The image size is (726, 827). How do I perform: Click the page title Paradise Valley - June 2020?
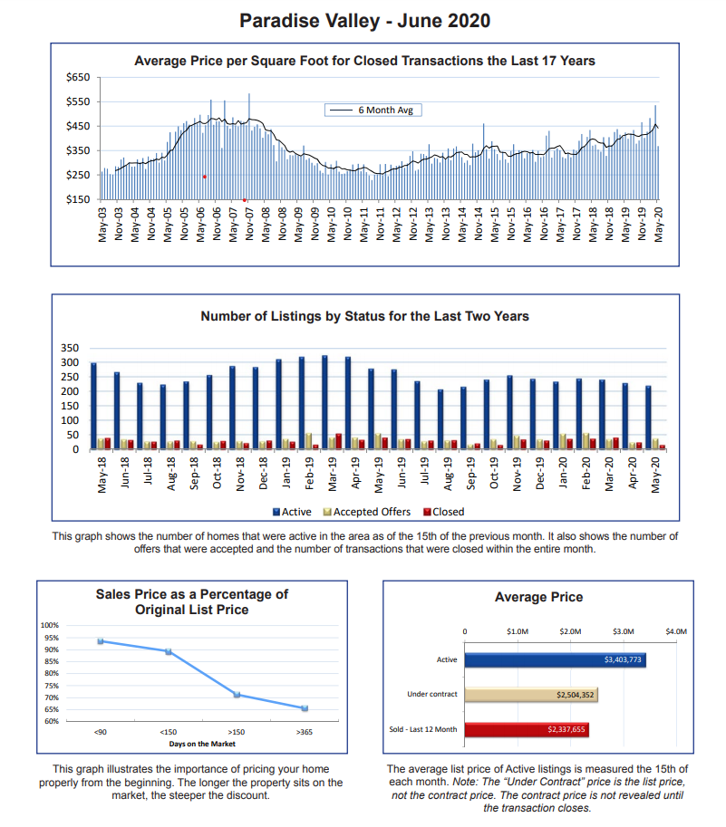(364, 21)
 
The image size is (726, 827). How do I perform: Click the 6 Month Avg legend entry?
(373, 110)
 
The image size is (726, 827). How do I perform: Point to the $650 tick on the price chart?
(78, 77)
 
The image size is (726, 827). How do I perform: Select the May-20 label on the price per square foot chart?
(658, 225)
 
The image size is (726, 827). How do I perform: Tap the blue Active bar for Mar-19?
(324, 402)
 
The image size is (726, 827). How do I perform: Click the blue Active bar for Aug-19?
(440, 419)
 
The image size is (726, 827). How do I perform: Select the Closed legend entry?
(444, 512)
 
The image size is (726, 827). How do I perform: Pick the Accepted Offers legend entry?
(367, 512)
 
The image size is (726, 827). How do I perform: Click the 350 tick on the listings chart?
(70, 348)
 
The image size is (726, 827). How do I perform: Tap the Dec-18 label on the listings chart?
(263, 473)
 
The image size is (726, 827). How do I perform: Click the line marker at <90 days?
(101, 640)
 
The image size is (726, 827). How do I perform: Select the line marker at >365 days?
(305, 708)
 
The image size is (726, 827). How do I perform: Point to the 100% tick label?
(50, 625)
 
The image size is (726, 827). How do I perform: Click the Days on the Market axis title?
(202, 744)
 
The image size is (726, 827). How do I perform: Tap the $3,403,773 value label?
(623, 659)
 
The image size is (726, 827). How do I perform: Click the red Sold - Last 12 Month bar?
(527, 729)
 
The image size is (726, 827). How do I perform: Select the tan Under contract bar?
(531, 695)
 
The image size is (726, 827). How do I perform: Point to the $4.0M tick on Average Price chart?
(676, 631)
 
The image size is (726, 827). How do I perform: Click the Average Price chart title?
(538, 597)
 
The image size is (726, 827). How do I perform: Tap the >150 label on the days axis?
(237, 732)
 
